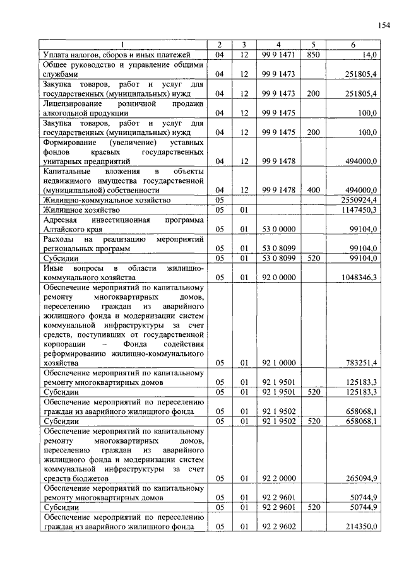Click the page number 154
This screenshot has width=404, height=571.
383,25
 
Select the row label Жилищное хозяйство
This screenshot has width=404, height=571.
81,209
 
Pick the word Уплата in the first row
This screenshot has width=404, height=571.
55,55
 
